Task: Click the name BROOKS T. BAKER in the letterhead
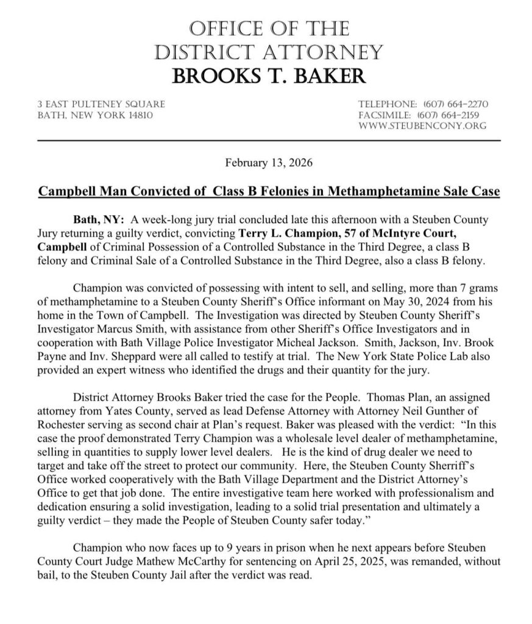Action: (269, 76)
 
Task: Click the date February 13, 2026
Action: (269, 163)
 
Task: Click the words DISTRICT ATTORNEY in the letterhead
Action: (269, 51)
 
